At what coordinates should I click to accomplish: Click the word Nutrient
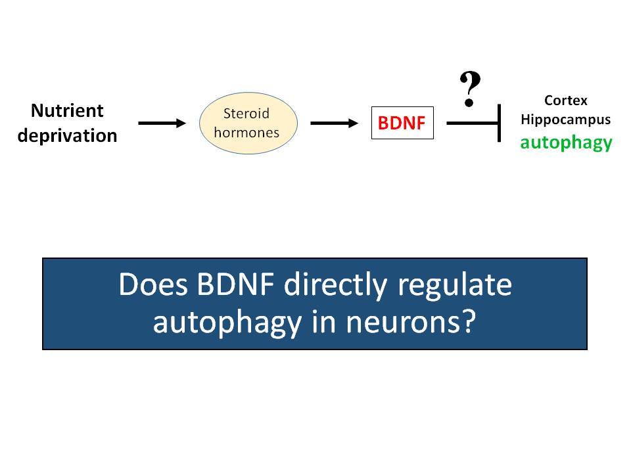click(67, 110)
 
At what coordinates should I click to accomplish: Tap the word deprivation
click(67, 136)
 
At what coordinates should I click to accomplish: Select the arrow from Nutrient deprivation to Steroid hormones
click(162, 123)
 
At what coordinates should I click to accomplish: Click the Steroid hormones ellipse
click(248, 123)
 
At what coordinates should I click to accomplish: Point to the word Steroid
click(246, 114)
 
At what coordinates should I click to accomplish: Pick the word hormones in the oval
click(246, 132)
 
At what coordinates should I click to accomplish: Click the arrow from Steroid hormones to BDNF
click(334, 123)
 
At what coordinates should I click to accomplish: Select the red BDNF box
click(402, 123)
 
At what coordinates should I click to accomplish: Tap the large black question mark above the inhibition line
click(470, 89)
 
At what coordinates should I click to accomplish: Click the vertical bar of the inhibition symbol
click(500, 123)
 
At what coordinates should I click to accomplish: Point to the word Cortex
click(566, 100)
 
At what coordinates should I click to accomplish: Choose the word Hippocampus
click(566, 120)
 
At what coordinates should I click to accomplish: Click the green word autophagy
click(566, 143)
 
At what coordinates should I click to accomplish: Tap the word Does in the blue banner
click(153, 284)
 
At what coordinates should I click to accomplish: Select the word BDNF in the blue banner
click(236, 284)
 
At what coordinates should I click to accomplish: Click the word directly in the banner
click(336, 286)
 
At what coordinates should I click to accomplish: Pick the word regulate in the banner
click(455, 286)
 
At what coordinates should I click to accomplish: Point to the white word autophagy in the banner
click(227, 324)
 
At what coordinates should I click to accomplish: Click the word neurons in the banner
click(411, 323)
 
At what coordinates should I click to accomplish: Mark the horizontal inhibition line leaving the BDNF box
click(472, 123)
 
